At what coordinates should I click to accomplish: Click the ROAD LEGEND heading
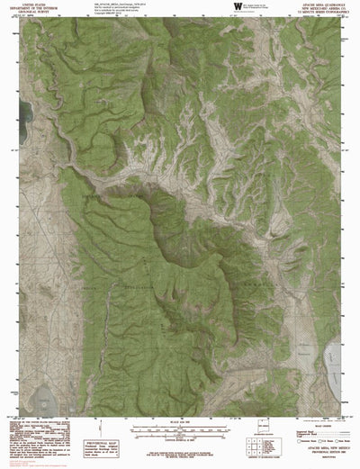coord(305,429)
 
